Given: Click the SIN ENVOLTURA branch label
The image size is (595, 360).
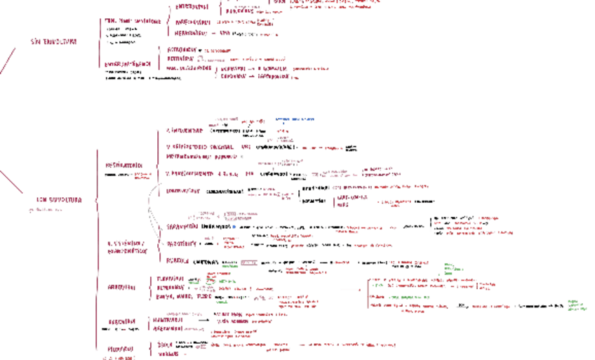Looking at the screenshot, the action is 53,42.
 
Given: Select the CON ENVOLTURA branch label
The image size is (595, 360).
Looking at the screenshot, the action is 59,200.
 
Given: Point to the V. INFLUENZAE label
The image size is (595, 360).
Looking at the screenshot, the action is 185,131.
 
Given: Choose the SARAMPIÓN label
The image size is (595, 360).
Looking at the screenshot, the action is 182,227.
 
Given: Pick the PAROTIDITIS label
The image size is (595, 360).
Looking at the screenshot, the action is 180,244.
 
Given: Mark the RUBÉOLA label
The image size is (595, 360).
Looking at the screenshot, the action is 178,260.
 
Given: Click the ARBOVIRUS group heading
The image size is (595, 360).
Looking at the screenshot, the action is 121,288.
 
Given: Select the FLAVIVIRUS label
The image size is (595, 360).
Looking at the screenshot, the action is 171,279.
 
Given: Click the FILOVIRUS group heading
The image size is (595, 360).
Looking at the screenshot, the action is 121,349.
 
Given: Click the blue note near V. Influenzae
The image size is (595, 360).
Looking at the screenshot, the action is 294,119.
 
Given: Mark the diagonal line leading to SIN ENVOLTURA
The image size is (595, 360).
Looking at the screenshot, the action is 7,61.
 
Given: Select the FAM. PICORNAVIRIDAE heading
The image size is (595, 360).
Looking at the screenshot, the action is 133,21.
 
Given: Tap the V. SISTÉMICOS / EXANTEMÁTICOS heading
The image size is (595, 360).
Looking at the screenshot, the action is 127,246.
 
